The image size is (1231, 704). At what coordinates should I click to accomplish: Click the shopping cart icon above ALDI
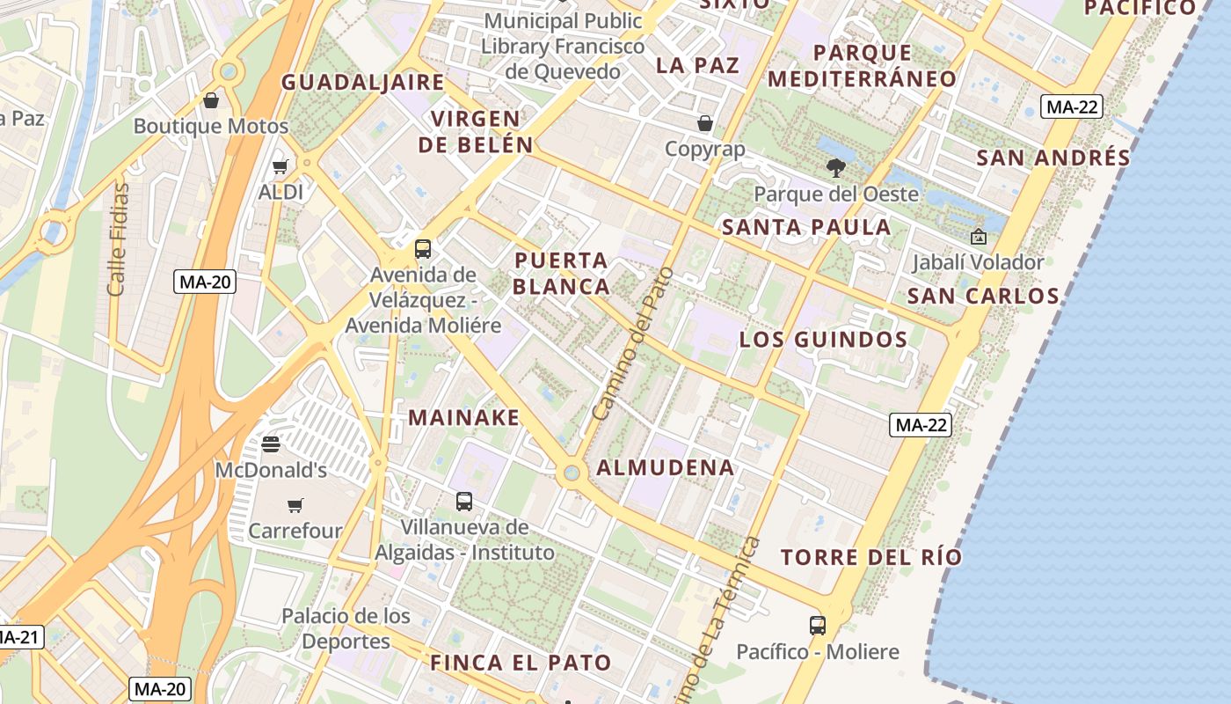point(280,166)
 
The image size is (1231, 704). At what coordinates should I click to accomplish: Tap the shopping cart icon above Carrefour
point(295,505)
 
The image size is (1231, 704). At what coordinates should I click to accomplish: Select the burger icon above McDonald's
point(271,444)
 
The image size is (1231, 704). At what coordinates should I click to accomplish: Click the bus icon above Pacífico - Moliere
point(818,626)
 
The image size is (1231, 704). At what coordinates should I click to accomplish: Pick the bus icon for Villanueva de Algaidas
point(464,502)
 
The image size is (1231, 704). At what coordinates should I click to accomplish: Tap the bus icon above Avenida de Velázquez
point(423,248)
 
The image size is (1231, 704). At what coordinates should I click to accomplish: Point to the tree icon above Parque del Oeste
point(836,167)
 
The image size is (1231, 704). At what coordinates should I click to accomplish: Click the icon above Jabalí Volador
point(978,236)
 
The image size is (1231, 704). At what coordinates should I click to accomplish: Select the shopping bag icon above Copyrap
point(705,122)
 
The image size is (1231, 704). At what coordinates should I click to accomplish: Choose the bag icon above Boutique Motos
point(211,100)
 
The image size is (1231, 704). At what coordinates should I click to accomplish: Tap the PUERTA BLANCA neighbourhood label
point(561,273)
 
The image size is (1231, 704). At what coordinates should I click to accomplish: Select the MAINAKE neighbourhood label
point(464,417)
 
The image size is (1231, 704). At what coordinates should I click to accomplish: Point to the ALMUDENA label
point(666,467)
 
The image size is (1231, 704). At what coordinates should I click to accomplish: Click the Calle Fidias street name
point(118,238)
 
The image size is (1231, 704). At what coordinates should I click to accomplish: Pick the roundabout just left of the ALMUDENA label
point(572,473)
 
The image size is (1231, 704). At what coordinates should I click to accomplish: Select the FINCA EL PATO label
point(521,663)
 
